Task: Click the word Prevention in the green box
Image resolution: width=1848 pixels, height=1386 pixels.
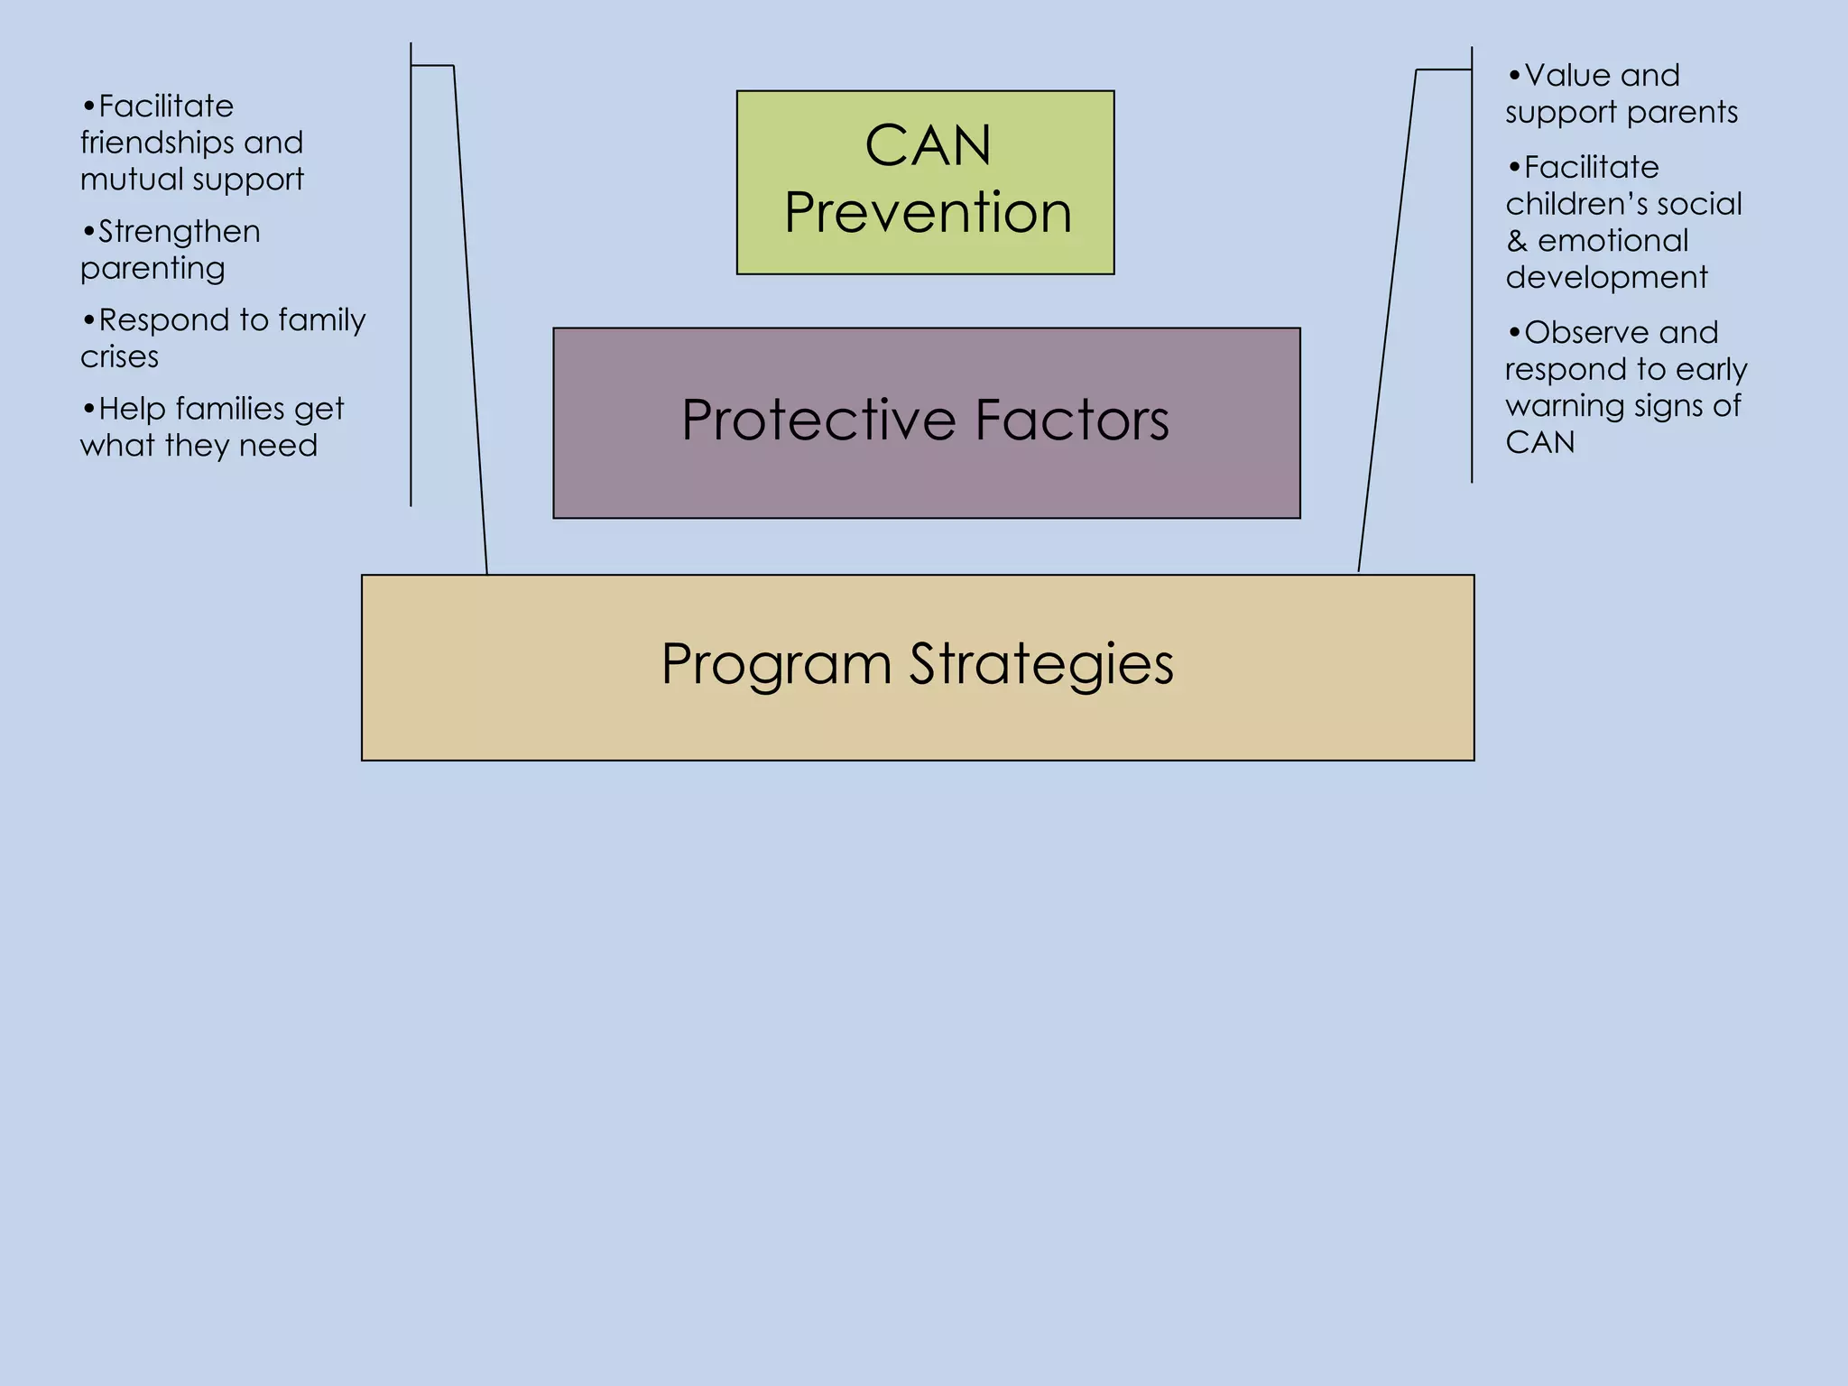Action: coord(928,213)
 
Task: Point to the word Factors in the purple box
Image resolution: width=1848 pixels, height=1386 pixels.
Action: coord(1071,420)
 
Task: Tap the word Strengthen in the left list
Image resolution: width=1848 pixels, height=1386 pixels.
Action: coord(179,232)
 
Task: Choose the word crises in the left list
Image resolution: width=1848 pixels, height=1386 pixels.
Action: coord(119,357)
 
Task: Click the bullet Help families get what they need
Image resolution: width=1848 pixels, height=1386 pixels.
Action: coord(211,427)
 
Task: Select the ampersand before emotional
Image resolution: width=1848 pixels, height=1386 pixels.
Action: coord(1516,241)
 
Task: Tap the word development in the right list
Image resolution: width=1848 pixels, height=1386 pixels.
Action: coord(1606,277)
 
